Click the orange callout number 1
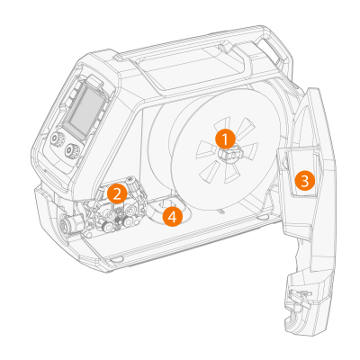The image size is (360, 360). (x=225, y=139)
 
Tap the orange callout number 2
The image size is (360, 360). (x=117, y=193)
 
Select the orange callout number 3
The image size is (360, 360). (x=304, y=181)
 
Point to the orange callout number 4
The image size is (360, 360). (x=172, y=217)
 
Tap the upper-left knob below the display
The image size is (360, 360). (x=56, y=139)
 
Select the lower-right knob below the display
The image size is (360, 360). (x=72, y=149)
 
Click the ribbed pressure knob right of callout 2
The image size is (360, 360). (x=131, y=184)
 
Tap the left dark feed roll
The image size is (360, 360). (x=106, y=227)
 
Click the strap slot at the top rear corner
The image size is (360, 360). (x=271, y=47)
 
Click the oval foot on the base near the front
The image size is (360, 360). (x=115, y=258)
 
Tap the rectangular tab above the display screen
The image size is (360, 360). (x=94, y=81)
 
